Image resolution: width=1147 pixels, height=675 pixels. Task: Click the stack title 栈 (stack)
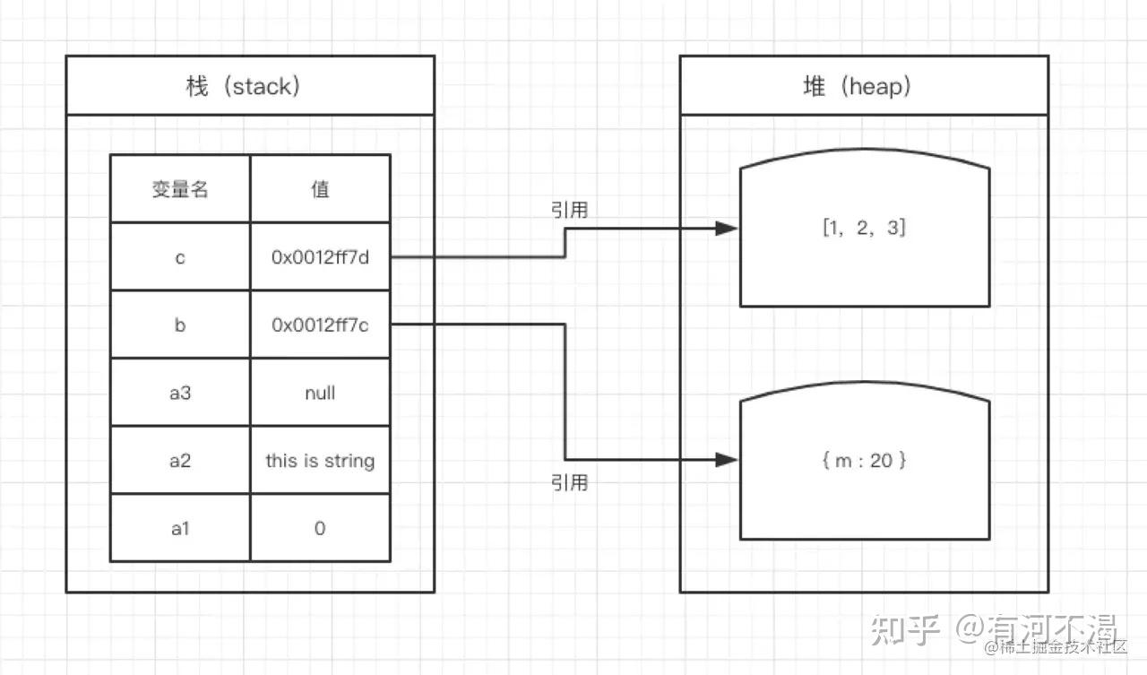[243, 86]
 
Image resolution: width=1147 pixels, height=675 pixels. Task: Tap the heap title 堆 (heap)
[857, 86]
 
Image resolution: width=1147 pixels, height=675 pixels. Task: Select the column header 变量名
[180, 189]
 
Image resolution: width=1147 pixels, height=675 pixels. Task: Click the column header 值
[320, 189]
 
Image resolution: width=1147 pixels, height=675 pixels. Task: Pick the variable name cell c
[180, 257]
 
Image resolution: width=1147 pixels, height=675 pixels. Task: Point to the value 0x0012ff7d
[320, 256]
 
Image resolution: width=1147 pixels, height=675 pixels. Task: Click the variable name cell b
[180, 325]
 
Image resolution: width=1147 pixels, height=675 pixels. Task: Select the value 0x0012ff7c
[320, 325]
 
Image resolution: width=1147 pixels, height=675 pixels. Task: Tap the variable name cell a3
[180, 393]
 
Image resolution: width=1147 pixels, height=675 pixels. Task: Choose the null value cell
[320, 393]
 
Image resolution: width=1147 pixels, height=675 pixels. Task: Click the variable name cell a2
[180, 461]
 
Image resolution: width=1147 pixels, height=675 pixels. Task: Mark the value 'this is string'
[320, 461]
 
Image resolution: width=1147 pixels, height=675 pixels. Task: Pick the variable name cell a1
[180, 528]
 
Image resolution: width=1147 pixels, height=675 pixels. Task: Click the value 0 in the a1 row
[320, 528]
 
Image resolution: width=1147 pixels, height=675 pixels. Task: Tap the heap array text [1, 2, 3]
[865, 228]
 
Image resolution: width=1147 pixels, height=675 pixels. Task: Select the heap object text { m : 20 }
[865, 461]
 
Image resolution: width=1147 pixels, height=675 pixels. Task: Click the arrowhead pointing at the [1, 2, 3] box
[727, 229]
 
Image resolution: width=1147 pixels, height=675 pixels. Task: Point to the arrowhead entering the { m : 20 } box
[727, 460]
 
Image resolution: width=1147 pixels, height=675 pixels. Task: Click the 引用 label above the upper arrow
[569, 210]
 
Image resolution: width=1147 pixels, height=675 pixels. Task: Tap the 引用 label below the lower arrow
[569, 482]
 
